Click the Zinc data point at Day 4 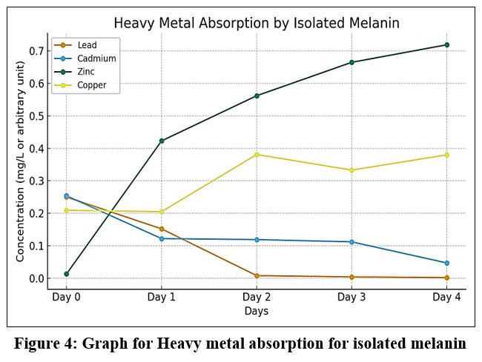coord(446,45)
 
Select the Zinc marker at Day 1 coord(162,141)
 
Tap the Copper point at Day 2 coord(257,154)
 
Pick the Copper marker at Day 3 coord(351,170)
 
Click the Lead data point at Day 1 coord(162,229)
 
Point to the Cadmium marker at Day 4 coord(446,263)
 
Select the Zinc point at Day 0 coord(67,274)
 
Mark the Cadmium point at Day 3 coord(351,242)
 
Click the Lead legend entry coord(87,45)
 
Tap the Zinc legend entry coord(87,72)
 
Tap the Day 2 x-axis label coord(257,297)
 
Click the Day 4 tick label coord(446,297)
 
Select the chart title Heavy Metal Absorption coord(257,23)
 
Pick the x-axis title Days coord(257,311)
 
